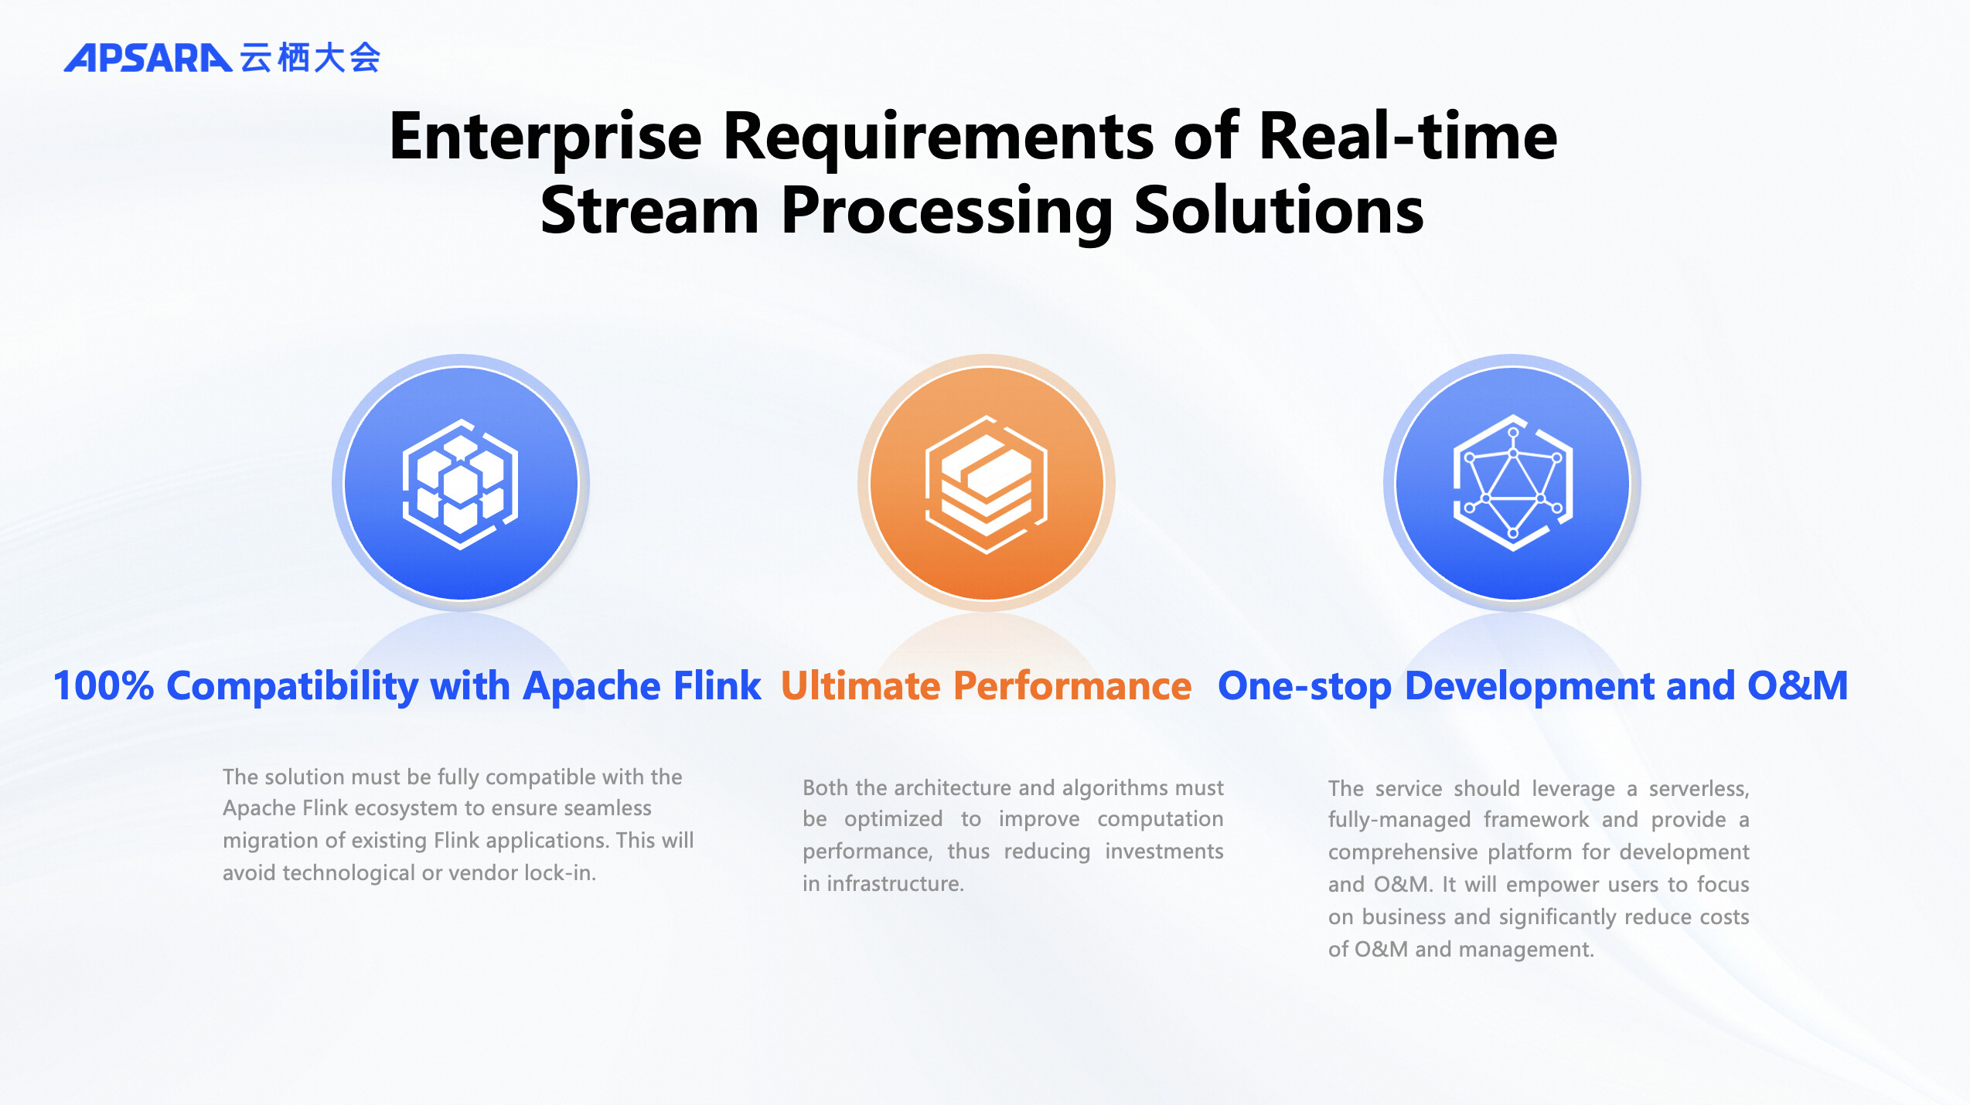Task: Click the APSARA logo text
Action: (x=147, y=58)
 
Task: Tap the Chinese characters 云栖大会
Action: (x=310, y=58)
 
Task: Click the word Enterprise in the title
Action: (x=544, y=137)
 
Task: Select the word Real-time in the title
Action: (x=1407, y=137)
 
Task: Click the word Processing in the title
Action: (x=947, y=210)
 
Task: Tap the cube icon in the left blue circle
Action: (x=461, y=484)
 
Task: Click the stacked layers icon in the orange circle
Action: (x=987, y=484)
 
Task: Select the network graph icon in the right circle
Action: (x=1512, y=484)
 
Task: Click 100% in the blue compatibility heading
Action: (x=104, y=685)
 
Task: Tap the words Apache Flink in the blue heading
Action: (x=642, y=685)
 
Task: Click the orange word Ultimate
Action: (x=860, y=685)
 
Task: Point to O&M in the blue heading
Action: (x=1797, y=685)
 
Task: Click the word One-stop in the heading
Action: (x=1304, y=685)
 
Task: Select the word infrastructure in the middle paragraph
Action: (x=895, y=884)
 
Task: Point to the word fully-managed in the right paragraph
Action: (x=1399, y=820)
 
